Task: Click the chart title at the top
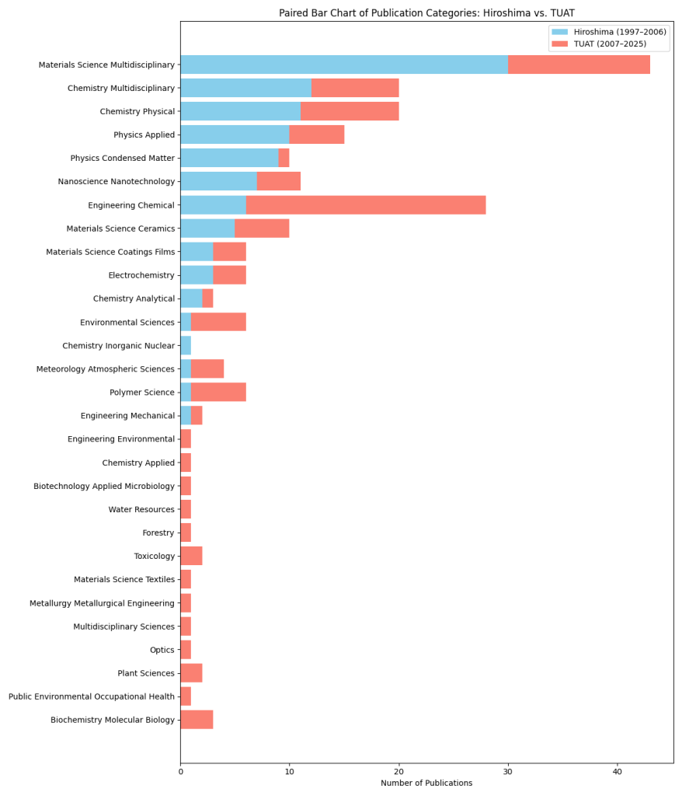point(426,13)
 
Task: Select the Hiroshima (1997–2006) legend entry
point(619,32)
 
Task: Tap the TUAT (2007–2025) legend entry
point(610,44)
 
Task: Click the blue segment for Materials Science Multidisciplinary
point(343,65)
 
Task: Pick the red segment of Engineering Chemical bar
point(366,205)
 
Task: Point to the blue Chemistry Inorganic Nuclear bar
point(186,345)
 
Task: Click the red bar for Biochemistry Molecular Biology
point(197,720)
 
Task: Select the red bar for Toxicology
point(191,556)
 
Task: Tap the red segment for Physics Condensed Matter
point(284,158)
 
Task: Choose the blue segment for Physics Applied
point(235,134)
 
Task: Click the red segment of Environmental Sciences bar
point(218,322)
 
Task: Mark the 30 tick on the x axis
point(508,771)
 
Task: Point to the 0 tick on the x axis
point(180,771)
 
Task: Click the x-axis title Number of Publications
point(426,783)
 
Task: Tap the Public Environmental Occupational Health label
point(92,696)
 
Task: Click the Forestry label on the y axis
point(158,533)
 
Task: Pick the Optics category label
point(162,650)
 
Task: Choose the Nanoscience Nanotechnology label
point(117,182)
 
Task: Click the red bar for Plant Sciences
point(191,673)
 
